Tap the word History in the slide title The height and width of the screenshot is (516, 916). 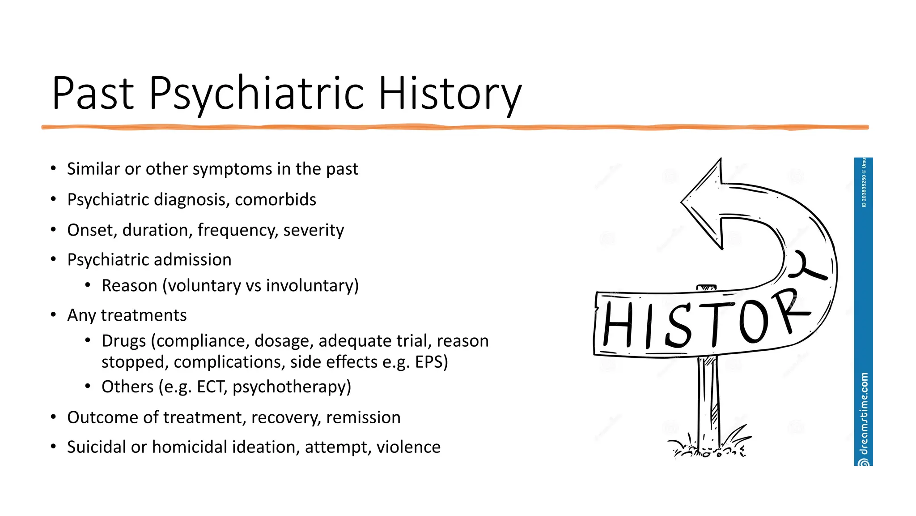pos(450,93)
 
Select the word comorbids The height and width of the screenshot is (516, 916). pos(276,200)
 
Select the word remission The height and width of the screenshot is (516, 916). pos(363,417)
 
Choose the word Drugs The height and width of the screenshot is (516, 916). pos(123,341)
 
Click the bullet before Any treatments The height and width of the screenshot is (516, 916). pos(53,315)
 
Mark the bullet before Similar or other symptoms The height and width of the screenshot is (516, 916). pos(53,168)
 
